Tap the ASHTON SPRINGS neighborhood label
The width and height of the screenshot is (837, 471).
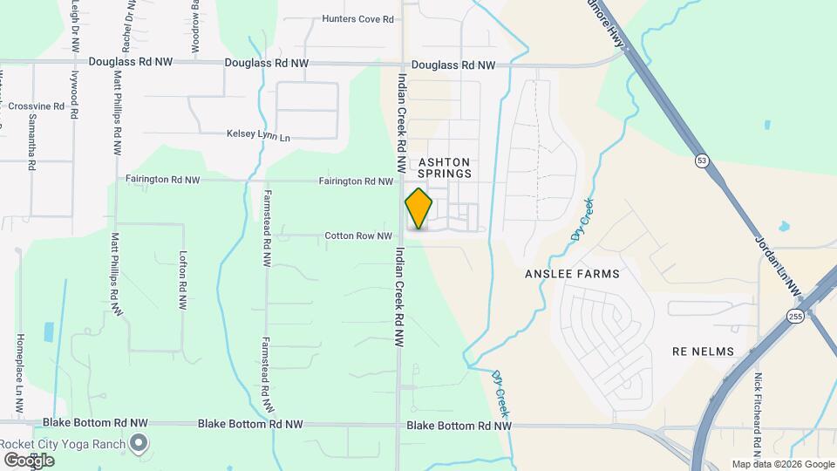coord(445,167)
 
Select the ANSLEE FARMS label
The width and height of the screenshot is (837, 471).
coord(572,274)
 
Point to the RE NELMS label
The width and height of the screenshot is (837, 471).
coord(703,352)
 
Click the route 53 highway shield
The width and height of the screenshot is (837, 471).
coord(702,160)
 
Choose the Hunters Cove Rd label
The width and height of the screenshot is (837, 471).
coord(357,18)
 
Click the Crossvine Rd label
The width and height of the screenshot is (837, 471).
coord(37,106)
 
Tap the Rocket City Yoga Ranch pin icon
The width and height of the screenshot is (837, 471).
coord(138,444)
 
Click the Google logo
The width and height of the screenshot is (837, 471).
coord(29,460)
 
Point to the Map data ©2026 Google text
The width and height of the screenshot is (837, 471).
coord(782,464)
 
